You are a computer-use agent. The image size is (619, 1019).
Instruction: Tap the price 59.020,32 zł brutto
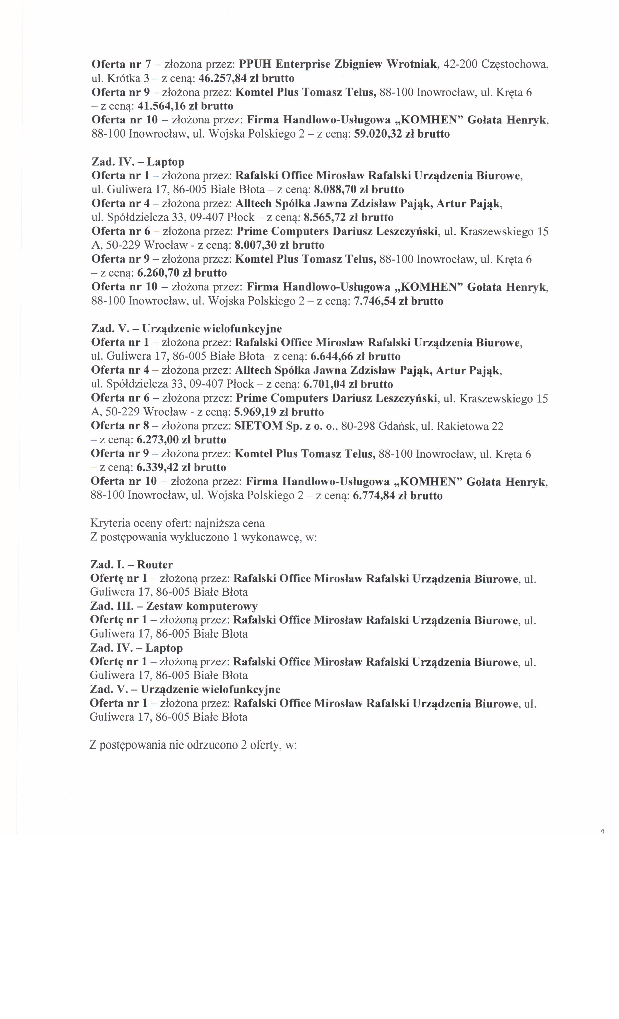402,134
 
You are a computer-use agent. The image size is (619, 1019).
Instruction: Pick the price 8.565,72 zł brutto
348,218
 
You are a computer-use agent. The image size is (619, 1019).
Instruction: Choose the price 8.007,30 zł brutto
279,245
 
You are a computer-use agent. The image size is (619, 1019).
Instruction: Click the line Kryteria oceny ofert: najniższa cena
177,523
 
